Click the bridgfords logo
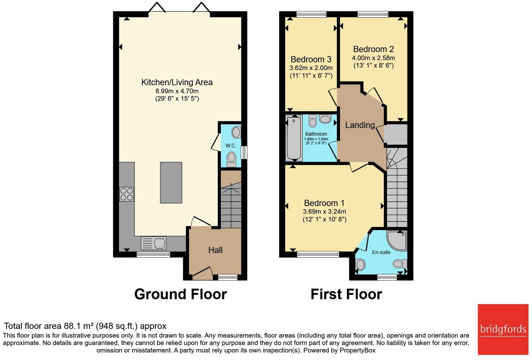click(x=503, y=329)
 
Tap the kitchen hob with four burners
click(x=126, y=194)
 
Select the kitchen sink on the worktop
click(x=154, y=243)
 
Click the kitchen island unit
click(x=171, y=183)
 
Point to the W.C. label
click(x=231, y=146)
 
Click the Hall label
click(x=215, y=250)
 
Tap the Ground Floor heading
click(x=180, y=294)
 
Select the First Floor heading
click(x=346, y=294)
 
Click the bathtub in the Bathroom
click(x=294, y=138)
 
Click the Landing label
click(x=360, y=125)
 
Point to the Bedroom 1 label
click(x=324, y=203)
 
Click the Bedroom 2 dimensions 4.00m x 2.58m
click(x=373, y=58)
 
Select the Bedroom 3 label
click(x=311, y=59)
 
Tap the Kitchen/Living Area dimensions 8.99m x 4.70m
click(x=177, y=91)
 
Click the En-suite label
click(x=381, y=252)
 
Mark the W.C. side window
click(x=244, y=153)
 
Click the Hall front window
click(x=228, y=277)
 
